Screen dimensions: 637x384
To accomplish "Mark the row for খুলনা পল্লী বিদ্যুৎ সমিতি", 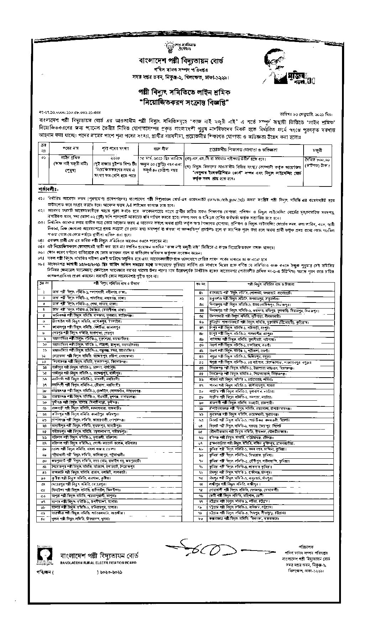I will [89, 519].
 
